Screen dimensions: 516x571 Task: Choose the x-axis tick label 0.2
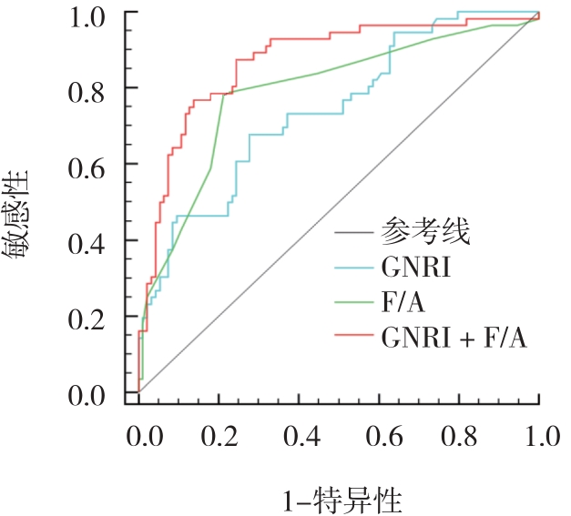221,437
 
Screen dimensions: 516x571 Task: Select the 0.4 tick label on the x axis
301,437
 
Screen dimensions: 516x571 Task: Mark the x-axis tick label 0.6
381,437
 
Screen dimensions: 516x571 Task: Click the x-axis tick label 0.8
461,437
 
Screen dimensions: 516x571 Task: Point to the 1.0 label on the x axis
539,437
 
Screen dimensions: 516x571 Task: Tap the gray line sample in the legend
352,234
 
